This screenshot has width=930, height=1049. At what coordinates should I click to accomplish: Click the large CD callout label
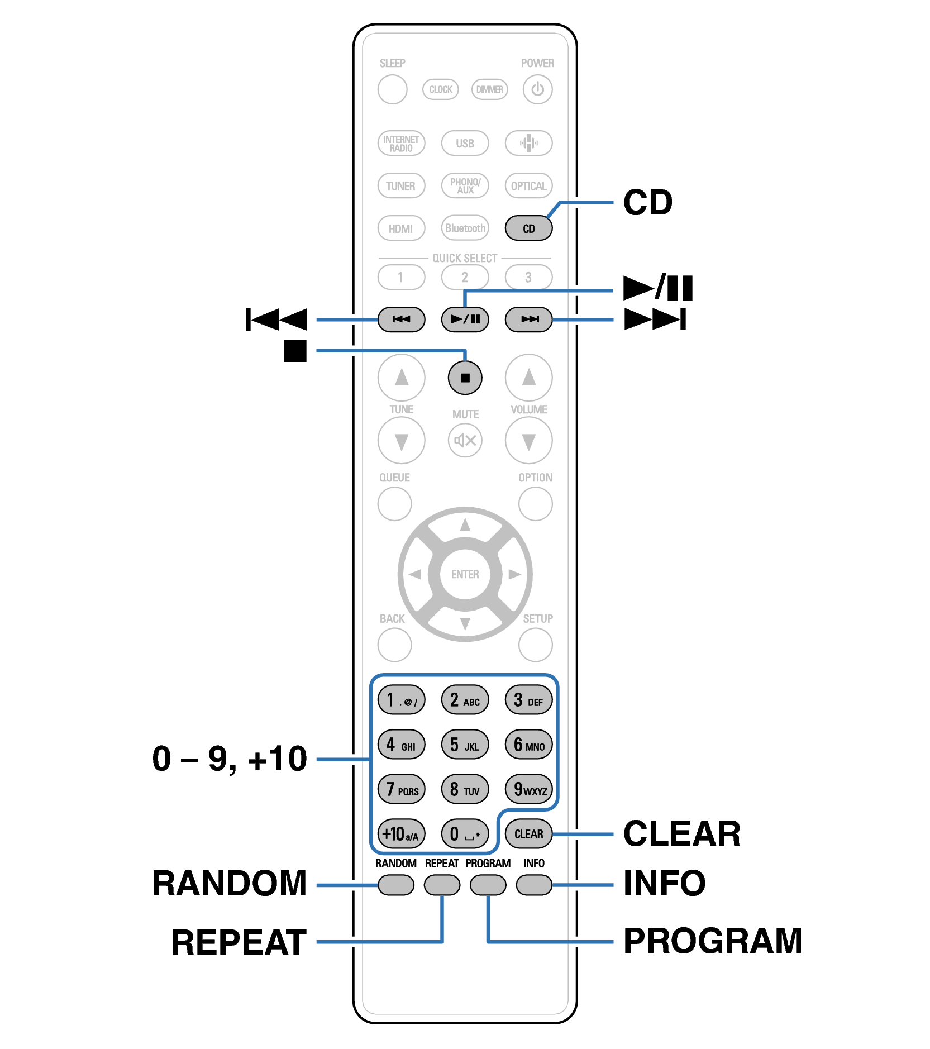click(x=647, y=202)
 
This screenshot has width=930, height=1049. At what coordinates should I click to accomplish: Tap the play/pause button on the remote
click(x=465, y=320)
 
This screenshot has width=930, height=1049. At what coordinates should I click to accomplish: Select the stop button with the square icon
click(x=465, y=378)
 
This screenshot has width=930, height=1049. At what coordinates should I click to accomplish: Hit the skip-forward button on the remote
click(x=528, y=320)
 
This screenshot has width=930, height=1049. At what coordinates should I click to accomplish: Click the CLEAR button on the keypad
click(x=528, y=834)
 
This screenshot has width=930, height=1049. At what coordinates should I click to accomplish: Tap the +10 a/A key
click(x=401, y=834)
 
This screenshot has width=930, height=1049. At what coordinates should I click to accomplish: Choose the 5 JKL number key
click(x=465, y=745)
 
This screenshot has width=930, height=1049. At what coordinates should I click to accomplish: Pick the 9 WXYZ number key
click(x=529, y=789)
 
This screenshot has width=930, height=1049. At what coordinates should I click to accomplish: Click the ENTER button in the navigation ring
click(x=465, y=574)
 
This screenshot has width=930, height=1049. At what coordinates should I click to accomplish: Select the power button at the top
click(x=537, y=89)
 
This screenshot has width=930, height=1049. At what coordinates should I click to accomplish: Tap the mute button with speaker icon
click(x=465, y=441)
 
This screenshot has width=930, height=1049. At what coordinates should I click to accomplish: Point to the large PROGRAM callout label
click(x=712, y=941)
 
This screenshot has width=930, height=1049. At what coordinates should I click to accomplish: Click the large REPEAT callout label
click(x=239, y=942)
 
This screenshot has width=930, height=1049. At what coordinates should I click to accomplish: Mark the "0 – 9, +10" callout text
click(x=230, y=759)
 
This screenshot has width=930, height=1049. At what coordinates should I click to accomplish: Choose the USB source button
click(x=465, y=144)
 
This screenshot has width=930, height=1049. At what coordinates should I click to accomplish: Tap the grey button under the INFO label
click(x=534, y=885)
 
